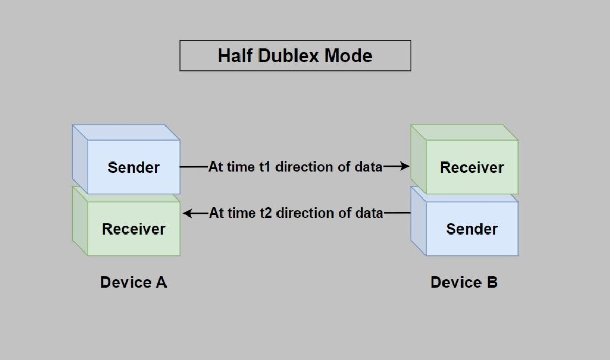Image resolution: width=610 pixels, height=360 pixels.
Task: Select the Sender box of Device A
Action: pyautogui.click(x=134, y=167)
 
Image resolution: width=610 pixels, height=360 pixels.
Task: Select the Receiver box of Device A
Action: pyautogui.click(x=134, y=229)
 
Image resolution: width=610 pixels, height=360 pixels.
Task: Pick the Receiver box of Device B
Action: pyautogui.click(x=472, y=167)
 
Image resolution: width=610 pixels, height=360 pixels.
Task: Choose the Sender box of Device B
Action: pyautogui.click(x=472, y=229)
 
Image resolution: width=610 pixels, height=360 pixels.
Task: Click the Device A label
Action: pyautogui.click(x=134, y=282)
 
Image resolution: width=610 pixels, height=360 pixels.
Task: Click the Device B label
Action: pyautogui.click(x=464, y=282)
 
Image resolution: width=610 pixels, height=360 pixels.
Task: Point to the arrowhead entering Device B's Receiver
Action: pyautogui.click(x=404, y=166)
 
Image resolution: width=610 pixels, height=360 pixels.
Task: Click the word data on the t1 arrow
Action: pyautogui.click(x=368, y=167)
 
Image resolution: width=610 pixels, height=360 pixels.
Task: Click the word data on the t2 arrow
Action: pyautogui.click(x=369, y=213)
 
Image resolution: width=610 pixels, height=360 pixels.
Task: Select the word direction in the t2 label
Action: pyautogui.click(x=304, y=213)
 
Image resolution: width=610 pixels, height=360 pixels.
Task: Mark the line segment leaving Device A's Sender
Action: pyautogui.click(x=194, y=167)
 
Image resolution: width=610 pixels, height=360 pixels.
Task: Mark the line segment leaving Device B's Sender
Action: pyautogui.click(x=397, y=213)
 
